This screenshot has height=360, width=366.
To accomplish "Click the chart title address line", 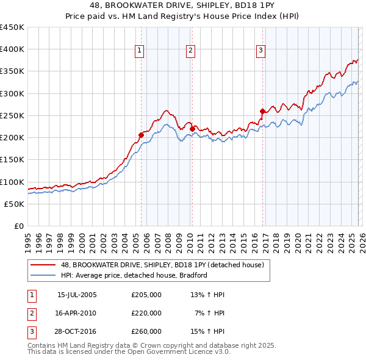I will (x=182, y=6).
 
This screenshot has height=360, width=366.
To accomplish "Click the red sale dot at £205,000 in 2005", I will (x=141, y=135).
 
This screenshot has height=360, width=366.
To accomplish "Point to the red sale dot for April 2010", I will (x=192, y=129).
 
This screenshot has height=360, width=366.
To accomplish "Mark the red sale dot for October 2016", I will (x=262, y=111).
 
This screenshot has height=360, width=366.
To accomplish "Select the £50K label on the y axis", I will (x=15, y=204).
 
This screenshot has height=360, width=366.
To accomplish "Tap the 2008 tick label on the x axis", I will (x=167, y=239).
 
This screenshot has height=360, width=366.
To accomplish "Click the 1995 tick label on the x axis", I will (x=27, y=239).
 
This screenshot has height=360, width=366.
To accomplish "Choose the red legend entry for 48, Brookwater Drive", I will (x=162, y=265).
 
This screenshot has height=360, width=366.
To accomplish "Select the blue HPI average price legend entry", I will (x=134, y=275).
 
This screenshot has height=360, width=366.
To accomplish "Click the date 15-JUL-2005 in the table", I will (x=76, y=295).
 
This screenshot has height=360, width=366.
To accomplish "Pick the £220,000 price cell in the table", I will (x=146, y=313).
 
